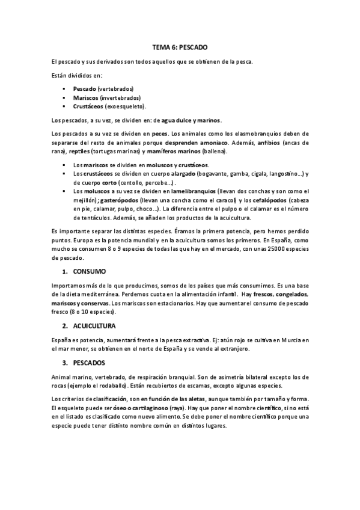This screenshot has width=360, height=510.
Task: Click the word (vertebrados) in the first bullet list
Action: point(116,88)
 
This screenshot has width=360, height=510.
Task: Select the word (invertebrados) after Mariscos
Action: point(120,97)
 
